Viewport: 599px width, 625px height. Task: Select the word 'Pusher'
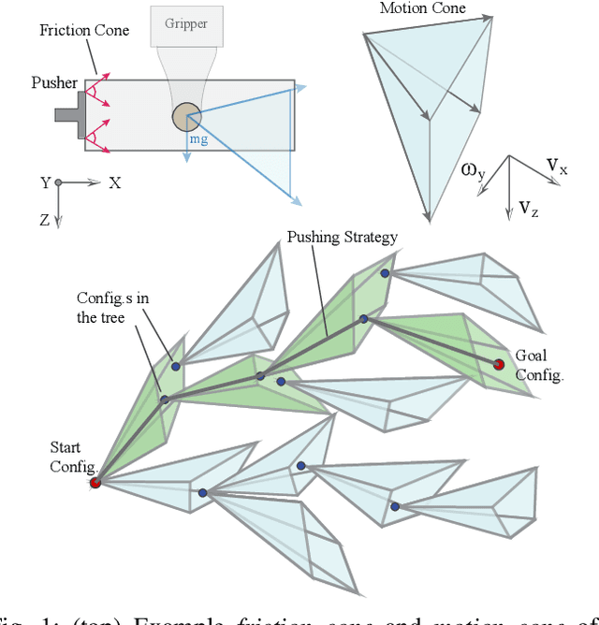pyautogui.click(x=54, y=83)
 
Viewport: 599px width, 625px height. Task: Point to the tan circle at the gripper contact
pyautogui.click(x=185, y=117)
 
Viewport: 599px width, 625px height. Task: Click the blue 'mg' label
pyautogui.click(x=198, y=138)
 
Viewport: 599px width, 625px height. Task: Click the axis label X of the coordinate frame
pyautogui.click(x=114, y=183)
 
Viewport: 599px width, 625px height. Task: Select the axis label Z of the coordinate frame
pyautogui.click(x=44, y=220)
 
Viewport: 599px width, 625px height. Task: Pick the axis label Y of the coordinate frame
pyautogui.click(x=43, y=183)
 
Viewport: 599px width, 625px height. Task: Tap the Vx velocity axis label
pyautogui.click(x=557, y=167)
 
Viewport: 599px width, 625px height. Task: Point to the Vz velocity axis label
pyautogui.click(x=529, y=208)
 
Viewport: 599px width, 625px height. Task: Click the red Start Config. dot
pyautogui.click(x=95, y=483)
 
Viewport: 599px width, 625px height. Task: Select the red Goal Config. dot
pyautogui.click(x=499, y=363)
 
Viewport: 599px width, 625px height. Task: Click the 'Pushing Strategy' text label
pyautogui.click(x=342, y=237)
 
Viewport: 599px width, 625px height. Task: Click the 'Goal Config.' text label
pyautogui.click(x=539, y=366)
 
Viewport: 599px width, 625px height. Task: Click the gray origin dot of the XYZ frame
pyautogui.click(x=58, y=183)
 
